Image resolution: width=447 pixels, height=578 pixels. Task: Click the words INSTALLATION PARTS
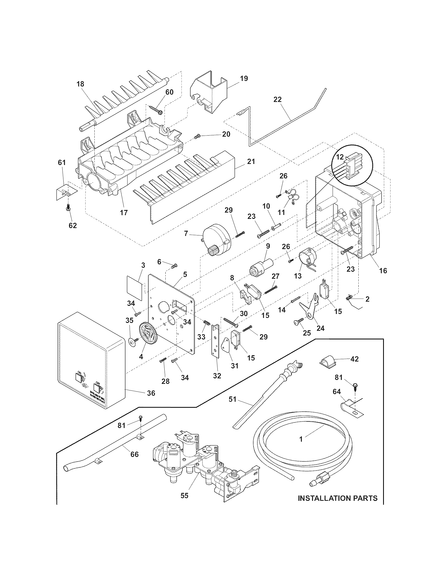[338, 498]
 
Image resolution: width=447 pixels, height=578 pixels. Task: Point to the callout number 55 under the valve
[185, 496]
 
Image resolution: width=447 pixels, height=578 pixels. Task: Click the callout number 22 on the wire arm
[278, 100]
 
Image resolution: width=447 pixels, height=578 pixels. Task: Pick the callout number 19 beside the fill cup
[244, 78]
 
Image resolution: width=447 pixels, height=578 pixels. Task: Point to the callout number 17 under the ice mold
[124, 212]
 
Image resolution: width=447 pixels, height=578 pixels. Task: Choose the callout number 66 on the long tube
[134, 454]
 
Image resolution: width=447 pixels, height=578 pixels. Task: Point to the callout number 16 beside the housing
[383, 270]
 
